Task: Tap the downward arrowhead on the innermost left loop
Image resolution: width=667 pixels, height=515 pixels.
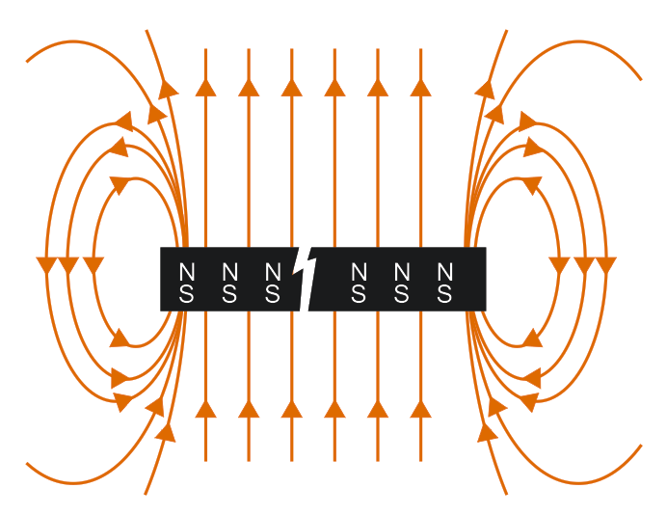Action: tap(93, 264)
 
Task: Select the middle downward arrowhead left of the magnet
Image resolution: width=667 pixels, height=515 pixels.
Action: tap(68, 264)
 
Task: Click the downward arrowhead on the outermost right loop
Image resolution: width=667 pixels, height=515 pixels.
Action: tap(606, 264)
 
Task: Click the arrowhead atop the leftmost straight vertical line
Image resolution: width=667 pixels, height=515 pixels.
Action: tap(205, 88)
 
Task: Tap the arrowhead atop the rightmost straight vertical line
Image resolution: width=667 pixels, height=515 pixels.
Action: tap(420, 88)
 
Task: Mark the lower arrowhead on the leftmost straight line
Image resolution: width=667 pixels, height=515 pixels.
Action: tap(205, 409)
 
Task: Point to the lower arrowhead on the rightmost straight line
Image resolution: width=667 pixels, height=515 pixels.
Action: tap(420, 409)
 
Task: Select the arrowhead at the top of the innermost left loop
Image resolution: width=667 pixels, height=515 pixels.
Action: tap(121, 183)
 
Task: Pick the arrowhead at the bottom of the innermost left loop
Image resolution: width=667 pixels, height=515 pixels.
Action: tap(120, 339)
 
